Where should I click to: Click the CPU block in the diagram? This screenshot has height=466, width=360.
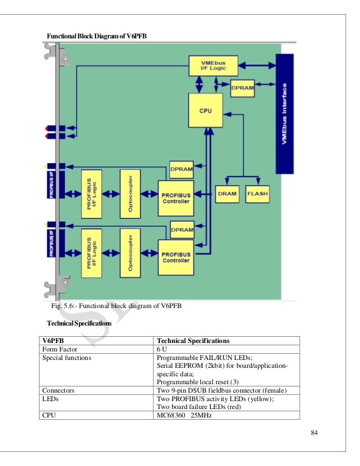[205, 111]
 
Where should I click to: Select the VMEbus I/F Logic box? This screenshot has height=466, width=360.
[212, 65]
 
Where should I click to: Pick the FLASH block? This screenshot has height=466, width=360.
[257, 194]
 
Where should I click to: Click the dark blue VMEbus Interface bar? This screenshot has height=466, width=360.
[284, 113]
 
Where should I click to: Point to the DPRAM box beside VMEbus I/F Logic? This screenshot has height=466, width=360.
[243, 87]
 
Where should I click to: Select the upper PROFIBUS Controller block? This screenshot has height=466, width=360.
[175, 198]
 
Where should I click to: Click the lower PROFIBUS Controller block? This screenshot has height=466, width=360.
[175, 257]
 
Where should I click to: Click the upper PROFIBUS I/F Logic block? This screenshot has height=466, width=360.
[93, 193]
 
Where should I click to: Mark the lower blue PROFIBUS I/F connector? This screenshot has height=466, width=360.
[52, 244]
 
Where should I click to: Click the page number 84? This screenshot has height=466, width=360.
[315, 433]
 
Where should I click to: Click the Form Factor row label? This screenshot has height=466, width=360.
[59, 349]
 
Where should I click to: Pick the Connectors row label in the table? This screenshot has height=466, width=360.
[59, 390]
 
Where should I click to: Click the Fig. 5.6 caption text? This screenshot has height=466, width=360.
[117, 307]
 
